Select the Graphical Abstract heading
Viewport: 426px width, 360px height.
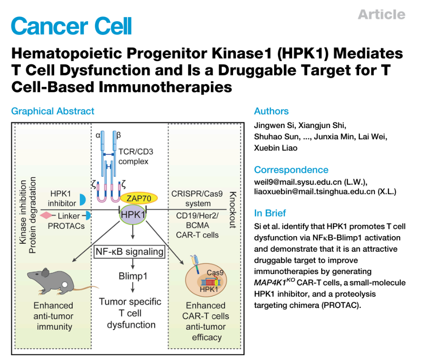coord(53,111)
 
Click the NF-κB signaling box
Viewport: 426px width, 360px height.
coord(130,252)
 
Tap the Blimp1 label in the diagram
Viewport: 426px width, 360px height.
coord(133,276)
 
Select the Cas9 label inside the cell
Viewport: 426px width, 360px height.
coord(215,273)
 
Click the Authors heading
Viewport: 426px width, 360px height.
coord(271,111)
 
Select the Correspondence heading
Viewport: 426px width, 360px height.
coord(291,170)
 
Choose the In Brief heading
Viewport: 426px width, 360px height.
coord(270,213)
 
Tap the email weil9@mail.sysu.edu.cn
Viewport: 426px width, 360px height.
coord(305,182)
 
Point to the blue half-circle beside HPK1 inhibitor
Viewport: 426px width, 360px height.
coord(83,199)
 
